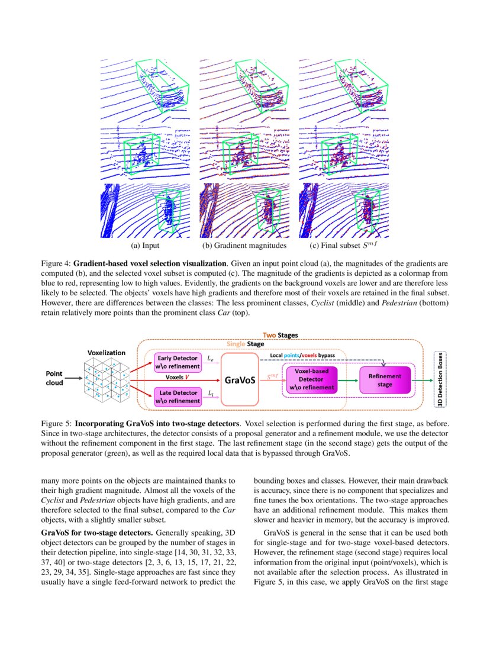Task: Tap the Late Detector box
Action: tap(178, 396)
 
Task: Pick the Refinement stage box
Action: tap(385, 379)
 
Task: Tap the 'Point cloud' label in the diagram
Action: tap(59, 378)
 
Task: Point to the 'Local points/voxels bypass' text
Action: tap(302, 355)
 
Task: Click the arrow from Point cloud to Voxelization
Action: tap(76, 379)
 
